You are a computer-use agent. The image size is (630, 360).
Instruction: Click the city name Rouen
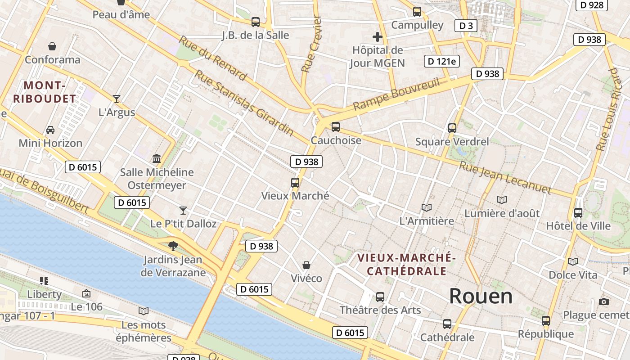click(x=481, y=296)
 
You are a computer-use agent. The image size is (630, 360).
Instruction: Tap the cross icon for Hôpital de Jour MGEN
click(x=377, y=37)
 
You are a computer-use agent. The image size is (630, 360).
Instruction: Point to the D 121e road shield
click(x=441, y=61)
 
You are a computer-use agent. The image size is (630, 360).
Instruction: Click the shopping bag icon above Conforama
click(x=52, y=46)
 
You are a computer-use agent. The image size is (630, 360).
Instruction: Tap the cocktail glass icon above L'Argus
click(x=117, y=99)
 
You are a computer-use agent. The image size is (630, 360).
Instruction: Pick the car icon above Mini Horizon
click(x=50, y=130)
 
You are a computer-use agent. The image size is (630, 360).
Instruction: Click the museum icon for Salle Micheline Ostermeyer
click(x=157, y=158)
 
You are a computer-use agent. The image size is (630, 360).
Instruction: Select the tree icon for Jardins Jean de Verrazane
click(x=173, y=246)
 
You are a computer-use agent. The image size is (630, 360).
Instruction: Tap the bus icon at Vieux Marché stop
click(x=295, y=183)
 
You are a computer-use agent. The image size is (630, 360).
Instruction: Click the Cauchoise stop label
click(x=336, y=140)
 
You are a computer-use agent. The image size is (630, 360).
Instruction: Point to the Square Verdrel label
click(x=451, y=142)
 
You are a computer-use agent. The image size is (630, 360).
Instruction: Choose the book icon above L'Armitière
click(x=426, y=207)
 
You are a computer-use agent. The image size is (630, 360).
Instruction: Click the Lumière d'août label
click(x=502, y=213)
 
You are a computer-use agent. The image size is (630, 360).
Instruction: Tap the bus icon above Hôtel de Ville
click(x=578, y=212)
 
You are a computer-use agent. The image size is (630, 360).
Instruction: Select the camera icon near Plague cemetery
click(x=604, y=301)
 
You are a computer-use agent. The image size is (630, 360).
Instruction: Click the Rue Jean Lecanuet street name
click(x=504, y=178)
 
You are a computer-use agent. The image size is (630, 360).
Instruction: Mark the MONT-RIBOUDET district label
click(x=44, y=92)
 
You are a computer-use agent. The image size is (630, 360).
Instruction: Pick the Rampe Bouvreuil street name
click(x=396, y=94)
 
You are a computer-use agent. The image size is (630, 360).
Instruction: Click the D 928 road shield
click(x=591, y=5)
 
